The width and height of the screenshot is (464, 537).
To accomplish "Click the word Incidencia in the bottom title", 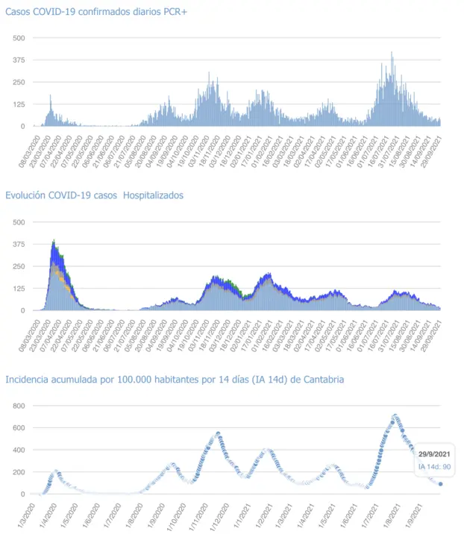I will (x=29, y=380).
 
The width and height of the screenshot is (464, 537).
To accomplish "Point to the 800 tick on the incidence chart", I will (x=19, y=406).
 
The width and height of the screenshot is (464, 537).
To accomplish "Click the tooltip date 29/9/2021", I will (x=433, y=454).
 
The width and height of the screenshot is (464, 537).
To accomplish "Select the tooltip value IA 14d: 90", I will (x=433, y=467).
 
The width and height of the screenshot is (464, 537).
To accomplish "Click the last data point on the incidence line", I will (x=440, y=484).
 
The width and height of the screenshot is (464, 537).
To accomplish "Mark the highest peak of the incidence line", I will (x=395, y=415).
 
